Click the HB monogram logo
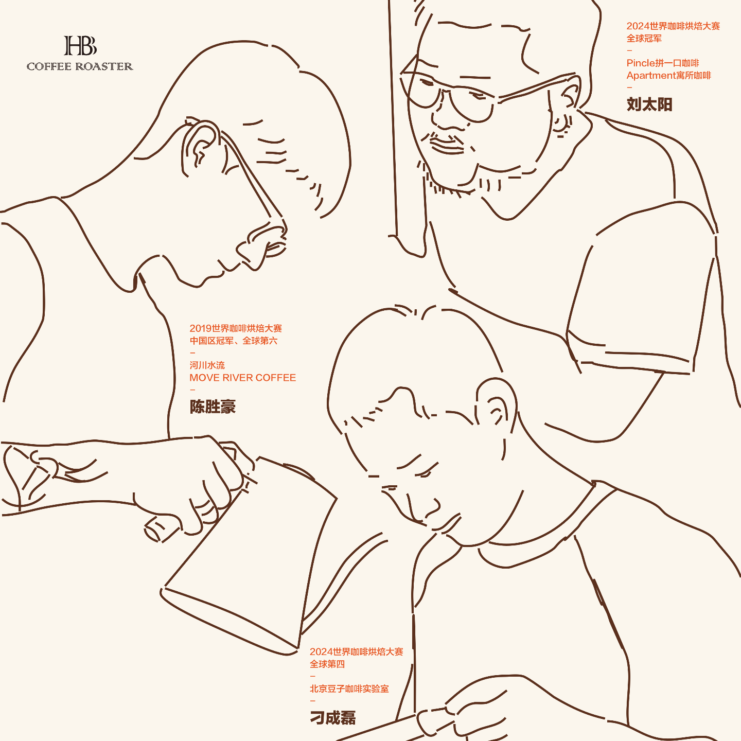80,46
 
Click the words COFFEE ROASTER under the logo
80,66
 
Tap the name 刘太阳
649,104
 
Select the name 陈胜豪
212,407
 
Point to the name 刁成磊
332,717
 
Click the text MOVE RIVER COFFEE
243,378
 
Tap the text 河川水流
207,365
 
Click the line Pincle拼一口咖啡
663,63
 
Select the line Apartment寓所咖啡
669,75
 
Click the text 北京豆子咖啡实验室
349,689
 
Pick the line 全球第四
327,664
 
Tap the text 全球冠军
644,38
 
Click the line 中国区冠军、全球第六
234,340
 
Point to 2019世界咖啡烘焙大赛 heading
236,328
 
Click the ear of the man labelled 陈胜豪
200,146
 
